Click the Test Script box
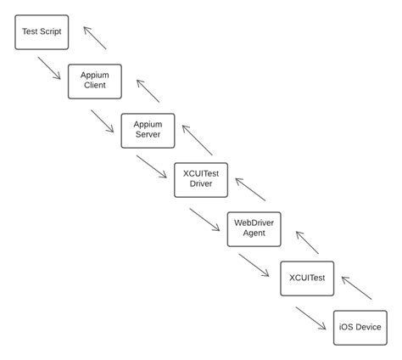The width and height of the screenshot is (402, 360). [42, 31]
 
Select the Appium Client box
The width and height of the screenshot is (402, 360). [95, 81]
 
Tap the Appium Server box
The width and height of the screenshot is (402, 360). [148, 130]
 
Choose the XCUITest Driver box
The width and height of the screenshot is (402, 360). [201, 179]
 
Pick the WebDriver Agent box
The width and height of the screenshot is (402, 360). [254, 228]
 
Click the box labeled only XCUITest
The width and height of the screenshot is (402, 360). [307, 278]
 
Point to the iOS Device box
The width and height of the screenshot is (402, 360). [360, 327]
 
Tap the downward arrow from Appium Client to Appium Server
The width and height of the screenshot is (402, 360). [102, 120]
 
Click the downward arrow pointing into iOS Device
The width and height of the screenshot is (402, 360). [311, 317]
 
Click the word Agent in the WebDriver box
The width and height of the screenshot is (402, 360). [254, 233]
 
